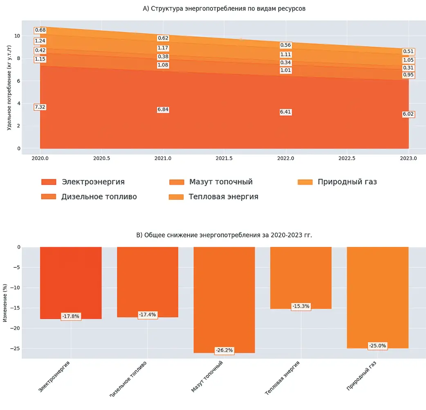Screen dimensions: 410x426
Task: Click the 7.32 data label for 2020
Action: (40, 107)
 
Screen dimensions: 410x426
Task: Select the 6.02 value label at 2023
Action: (408, 114)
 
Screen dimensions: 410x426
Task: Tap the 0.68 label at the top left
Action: (40, 30)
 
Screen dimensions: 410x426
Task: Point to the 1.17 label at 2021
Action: (163, 48)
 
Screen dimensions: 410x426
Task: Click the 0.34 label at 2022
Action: (285, 63)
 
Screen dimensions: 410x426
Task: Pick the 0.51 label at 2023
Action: (408, 52)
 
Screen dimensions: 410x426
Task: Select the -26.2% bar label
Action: (224, 351)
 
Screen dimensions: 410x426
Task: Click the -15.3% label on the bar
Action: (301, 307)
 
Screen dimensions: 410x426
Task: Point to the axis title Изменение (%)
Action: (5, 302)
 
